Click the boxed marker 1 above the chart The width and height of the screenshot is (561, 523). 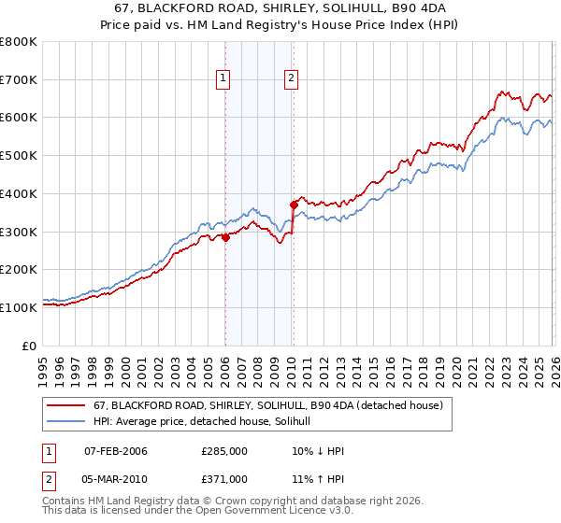click(224, 79)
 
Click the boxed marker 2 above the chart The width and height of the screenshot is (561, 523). click(292, 79)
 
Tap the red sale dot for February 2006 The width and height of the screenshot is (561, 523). click(225, 237)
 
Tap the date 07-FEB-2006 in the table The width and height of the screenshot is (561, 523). click(116, 451)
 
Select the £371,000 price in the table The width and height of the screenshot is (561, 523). click(224, 478)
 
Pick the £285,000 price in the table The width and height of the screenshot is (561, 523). click(224, 451)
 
